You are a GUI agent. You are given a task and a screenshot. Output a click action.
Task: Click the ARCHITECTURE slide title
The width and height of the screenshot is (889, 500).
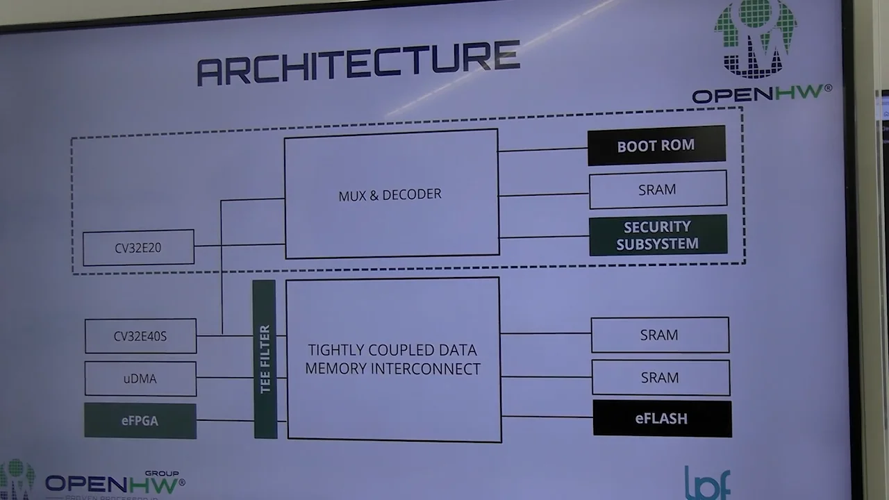(358, 62)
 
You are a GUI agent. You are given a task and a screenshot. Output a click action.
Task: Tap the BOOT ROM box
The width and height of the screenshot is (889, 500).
(656, 146)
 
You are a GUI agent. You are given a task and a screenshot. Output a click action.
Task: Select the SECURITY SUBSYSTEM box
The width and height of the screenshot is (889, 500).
(658, 235)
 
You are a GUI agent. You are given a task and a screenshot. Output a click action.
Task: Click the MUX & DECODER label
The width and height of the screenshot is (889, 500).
(390, 195)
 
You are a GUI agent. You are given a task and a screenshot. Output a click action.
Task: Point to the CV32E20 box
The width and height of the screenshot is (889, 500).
(138, 248)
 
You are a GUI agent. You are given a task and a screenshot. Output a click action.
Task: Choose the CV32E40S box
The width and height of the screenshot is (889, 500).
(140, 336)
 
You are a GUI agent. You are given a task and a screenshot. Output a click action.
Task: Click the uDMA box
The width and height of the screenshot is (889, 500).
(140, 378)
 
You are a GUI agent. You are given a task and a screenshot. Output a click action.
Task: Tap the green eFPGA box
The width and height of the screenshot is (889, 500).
(140, 421)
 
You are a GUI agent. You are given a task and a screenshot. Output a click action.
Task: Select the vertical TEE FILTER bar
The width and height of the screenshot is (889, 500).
(265, 359)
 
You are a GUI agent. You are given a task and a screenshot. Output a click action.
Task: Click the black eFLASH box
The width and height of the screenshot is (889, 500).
(662, 419)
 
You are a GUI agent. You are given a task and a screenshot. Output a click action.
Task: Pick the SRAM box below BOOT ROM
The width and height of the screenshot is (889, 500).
(658, 190)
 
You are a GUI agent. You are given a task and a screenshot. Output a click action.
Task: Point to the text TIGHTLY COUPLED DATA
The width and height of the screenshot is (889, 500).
(392, 350)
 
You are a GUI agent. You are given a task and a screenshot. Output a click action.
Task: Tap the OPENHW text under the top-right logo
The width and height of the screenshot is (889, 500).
(761, 94)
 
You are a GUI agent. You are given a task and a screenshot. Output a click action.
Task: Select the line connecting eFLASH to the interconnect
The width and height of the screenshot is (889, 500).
(547, 417)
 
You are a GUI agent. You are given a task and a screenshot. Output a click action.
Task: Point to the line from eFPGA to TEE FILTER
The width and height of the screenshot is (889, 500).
(225, 420)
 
